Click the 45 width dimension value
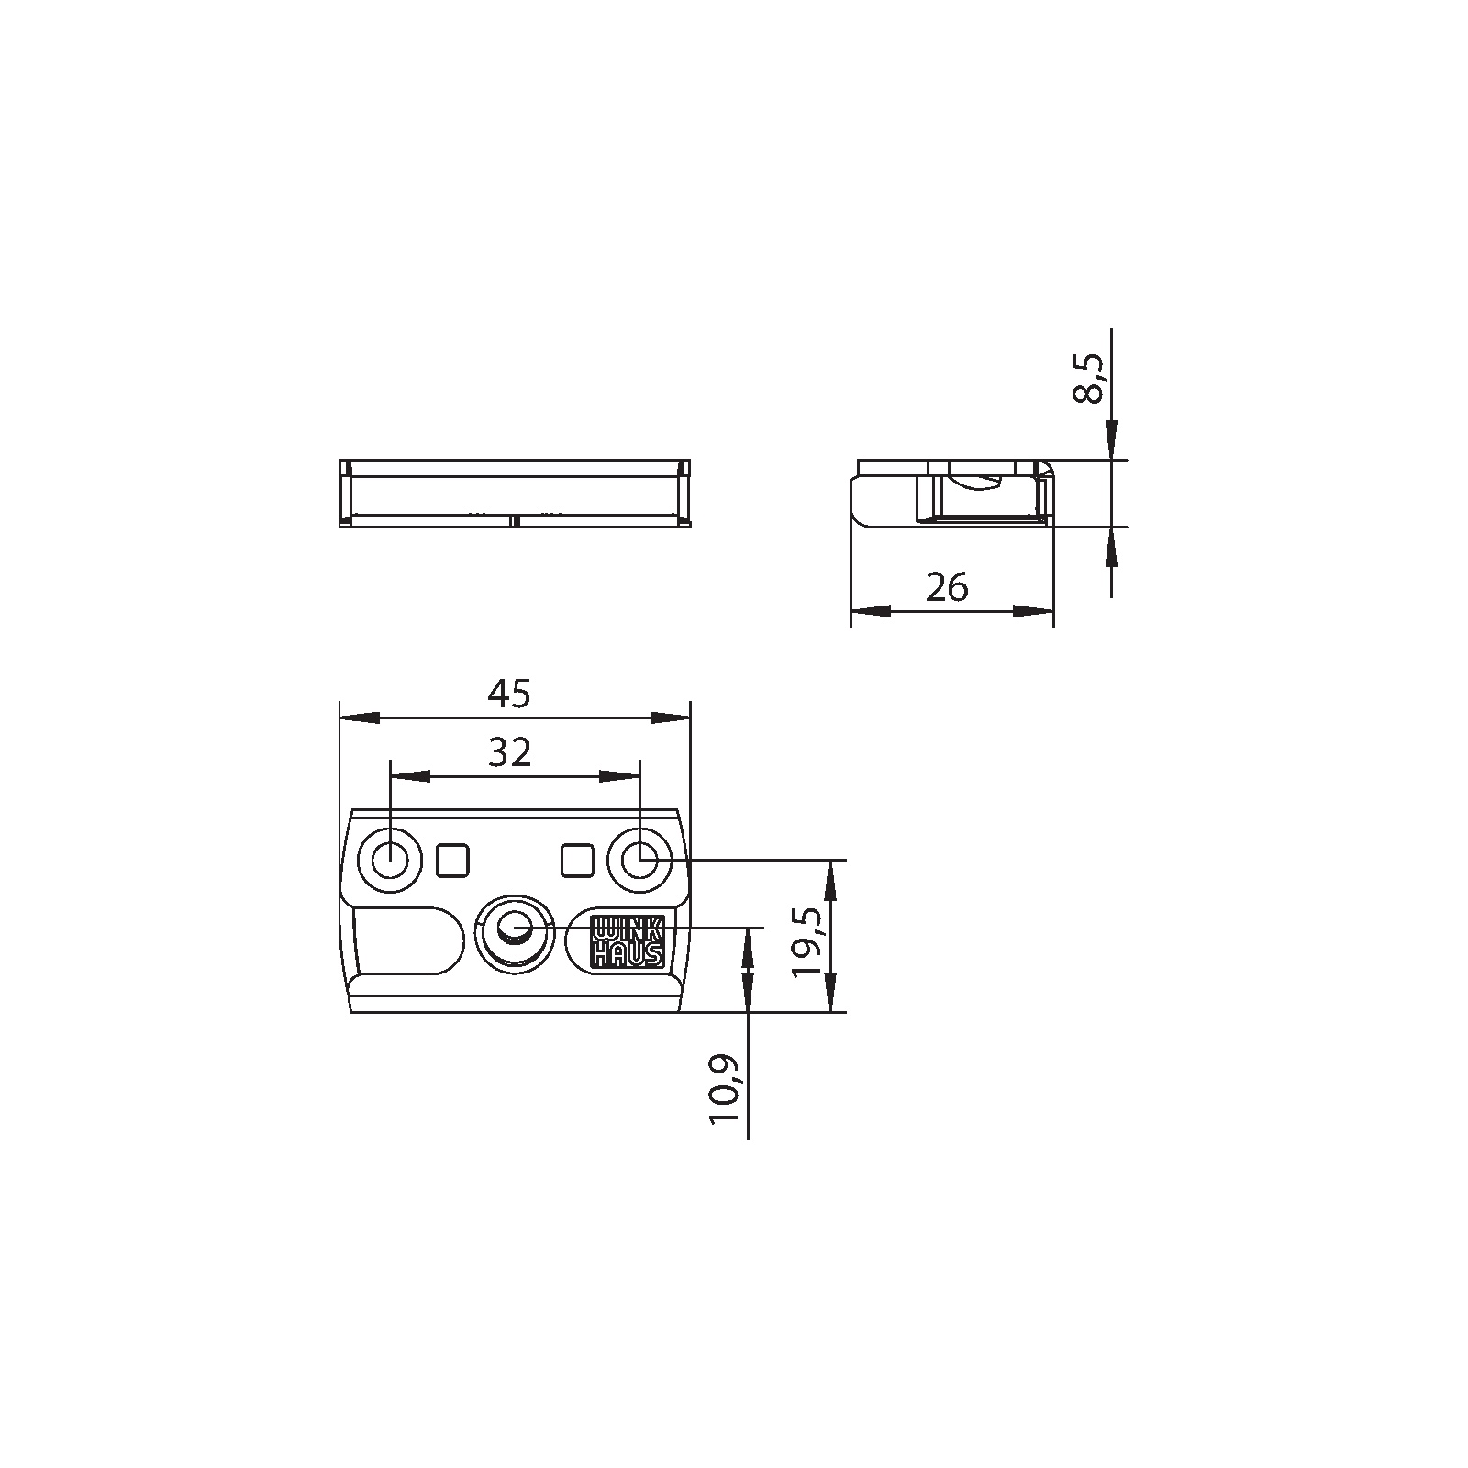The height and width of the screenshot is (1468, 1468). pyautogui.click(x=509, y=694)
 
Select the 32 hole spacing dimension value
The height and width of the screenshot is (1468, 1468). pyautogui.click(x=509, y=752)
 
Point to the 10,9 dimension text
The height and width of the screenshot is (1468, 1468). pyautogui.click(x=724, y=1089)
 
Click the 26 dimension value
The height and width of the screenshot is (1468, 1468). pyautogui.click(x=947, y=587)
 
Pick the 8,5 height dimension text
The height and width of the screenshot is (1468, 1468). pyautogui.click(x=1090, y=379)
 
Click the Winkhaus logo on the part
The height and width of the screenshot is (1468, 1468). pyautogui.click(x=628, y=940)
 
